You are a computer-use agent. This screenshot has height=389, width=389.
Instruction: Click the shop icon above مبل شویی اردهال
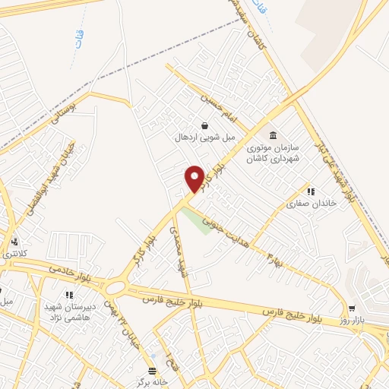click(x=204, y=125)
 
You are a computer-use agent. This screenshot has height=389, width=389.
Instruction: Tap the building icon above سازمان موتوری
click(x=274, y=135)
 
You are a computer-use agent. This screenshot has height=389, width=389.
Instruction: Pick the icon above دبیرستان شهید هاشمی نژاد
click(x=69, y=295)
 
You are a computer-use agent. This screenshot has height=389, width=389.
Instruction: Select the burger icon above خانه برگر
click(x=153, y=371)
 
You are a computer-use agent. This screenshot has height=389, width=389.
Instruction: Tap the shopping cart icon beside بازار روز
click(x=352, y=308)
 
